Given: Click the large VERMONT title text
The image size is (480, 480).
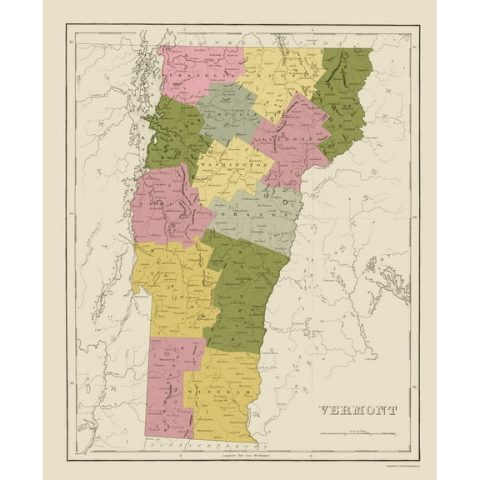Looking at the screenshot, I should tap(357, 409).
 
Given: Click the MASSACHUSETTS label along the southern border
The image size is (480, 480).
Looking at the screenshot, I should tap(200, 447).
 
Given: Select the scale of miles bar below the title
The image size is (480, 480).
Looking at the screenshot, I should tap(367, 433).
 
